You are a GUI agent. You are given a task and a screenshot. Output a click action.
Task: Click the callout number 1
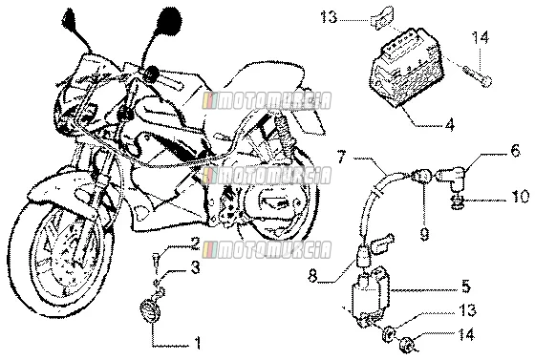pos(197,343)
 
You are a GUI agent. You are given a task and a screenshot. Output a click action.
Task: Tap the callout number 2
pos(195,244)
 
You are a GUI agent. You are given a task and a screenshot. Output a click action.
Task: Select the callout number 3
pos(195,267)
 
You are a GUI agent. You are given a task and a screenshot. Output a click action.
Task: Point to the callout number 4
pos(450,125)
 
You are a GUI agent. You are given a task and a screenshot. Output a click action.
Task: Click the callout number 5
pos(466,286)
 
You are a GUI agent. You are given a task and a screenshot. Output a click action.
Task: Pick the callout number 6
pos(515,150)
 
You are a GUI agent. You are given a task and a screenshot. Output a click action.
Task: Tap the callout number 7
pos(342,158)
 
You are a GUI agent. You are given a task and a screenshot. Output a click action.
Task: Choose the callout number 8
pos(312,276)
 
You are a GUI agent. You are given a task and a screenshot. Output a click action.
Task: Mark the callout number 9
pos(424,235)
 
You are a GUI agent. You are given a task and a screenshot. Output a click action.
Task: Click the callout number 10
pos(520,197)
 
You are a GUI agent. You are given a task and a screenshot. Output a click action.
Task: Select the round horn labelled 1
pos(149,308)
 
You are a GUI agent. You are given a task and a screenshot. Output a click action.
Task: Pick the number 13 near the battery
pos(329,17)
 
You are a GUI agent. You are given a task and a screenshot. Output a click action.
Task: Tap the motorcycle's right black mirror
pos(169,20)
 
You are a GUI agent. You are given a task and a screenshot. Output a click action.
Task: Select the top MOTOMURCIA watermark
pos(267,101)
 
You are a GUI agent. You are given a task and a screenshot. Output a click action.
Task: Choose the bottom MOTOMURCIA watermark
pos(267,250)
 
